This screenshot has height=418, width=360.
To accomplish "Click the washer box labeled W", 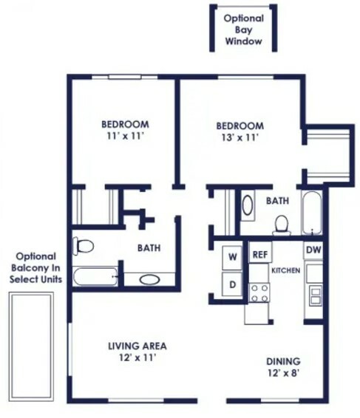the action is pyautogui.click(x=232, y=257).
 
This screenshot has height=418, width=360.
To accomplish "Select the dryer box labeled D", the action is pyautogui.click(x=232, y=284).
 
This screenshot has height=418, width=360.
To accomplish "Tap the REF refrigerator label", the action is pyautogui.click(x=260, y=255).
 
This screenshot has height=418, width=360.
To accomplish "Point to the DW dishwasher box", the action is pyautogui.click(x=313, y=250).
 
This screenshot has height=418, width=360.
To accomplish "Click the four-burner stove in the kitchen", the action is pyautogui.click(x=259, y=293).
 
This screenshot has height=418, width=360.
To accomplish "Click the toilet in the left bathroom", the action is pyautogui.click(x=83, y=246).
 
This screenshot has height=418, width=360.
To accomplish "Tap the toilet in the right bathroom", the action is pyautogui.click(x=282, y=226).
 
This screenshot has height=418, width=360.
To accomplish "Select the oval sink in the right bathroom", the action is pyautogui.click(x=248, y=205).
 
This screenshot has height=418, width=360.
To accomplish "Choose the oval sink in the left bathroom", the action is pyautogui.click(x=150, y=280).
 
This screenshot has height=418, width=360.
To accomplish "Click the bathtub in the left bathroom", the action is pyautogui.click(x=95, y=276).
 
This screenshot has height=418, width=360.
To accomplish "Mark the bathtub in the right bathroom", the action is pyautogui.click(x=311, y=213).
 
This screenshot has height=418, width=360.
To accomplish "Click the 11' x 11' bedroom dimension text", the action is pyautogui.click(x=125, y=136).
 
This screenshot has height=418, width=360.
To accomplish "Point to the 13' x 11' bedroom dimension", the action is pyautogui.click(x=240, y=137).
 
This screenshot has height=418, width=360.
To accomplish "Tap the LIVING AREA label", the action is pyautogui.click(x=137, y=346).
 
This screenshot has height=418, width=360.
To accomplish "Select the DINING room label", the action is pyautogui.click(x=283, y=361).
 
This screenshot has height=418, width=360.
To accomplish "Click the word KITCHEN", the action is pyautogui.click(x=285, y=270).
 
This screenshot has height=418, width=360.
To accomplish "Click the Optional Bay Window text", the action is pyautogui.click(x=243, y=30).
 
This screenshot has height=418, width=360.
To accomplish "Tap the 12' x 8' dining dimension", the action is pyautogui.click(x=282, y=373).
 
